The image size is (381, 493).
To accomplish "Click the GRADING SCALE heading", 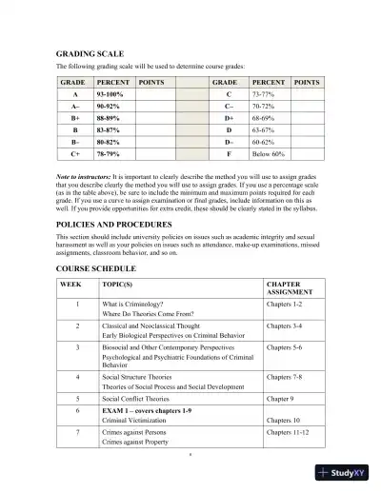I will click(x=90, y=55).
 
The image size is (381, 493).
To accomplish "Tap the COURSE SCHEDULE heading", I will click(x=96, y=270).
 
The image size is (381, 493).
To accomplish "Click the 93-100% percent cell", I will click(x=109, y=96).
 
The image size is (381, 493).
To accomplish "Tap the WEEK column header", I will click(x=70, y=285).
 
